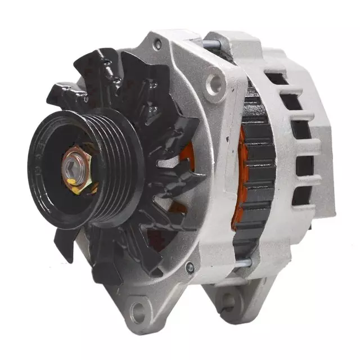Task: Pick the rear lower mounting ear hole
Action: point(228,303)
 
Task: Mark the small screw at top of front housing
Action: point(157,43)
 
